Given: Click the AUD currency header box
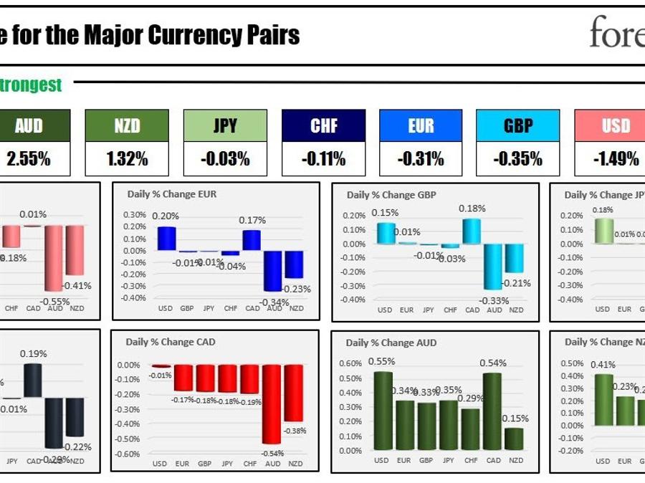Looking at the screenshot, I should [x=29, y=126].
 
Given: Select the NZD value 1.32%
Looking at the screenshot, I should [x=127, y=159].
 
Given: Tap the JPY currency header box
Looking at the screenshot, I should [x=225, y=126].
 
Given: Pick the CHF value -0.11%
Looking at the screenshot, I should [x=323, y=159].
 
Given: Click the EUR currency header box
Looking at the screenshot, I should [x=421, y=126].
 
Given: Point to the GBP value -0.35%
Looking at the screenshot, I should [x=518, y=159].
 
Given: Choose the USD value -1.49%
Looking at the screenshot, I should [x=616, y=159].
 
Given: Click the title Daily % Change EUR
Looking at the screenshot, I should [x=171, y=194].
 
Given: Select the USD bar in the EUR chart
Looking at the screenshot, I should [x=166, y=239].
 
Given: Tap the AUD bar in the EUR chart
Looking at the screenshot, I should [x=272, y=271].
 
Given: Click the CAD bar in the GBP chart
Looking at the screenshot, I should [x=472, y=231].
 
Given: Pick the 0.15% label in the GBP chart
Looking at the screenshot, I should [x=384, y=213].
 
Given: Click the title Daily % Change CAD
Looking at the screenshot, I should [x=171, y=342].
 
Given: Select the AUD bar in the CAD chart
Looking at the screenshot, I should [x=272, y=404].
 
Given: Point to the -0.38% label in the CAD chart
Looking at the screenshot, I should [x=294, y=431].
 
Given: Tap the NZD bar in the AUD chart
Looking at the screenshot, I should [x=514, y=439].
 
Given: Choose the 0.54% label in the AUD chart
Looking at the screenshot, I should [x=493, y=363].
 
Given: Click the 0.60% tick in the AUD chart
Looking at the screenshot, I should [x=350, y=363].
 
